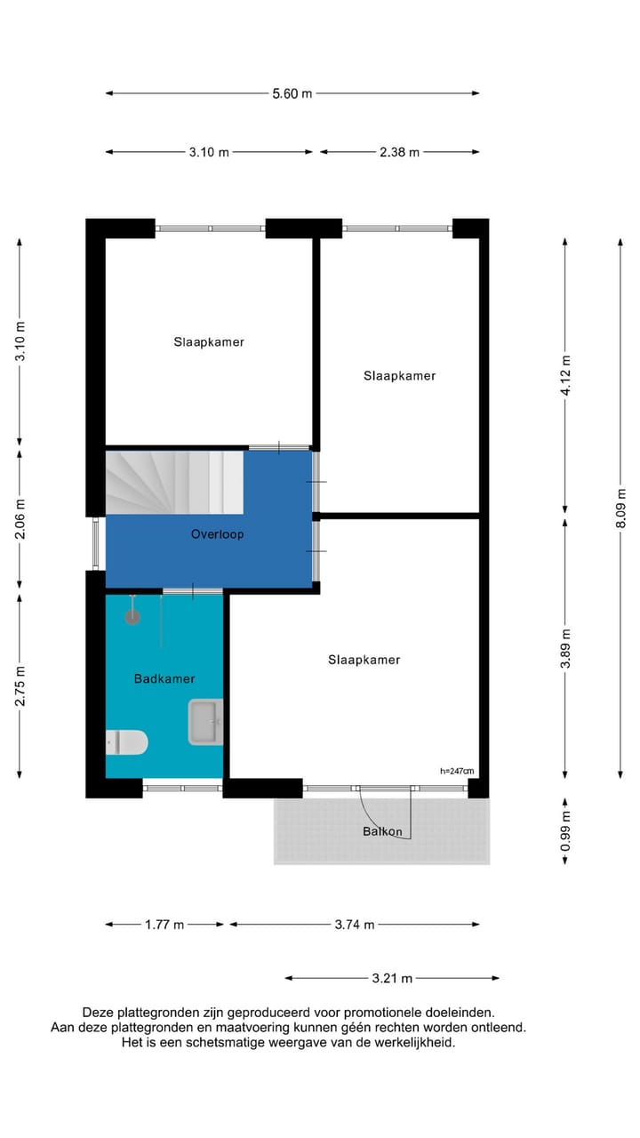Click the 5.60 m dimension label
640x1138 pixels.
pyautogui.click(x=292, y=93)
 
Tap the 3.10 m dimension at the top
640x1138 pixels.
pyautogui.click(x=209, y=152)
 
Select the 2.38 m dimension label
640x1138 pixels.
pyautogui.click(x=399, y=152)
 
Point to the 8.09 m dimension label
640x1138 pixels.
pyautogui.click(x=621, y=509)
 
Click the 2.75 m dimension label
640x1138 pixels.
pyautogui.click(x=20, y=686)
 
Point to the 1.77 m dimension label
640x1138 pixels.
pyautogui.click(x=164, y=925)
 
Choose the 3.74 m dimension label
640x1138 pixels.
pyautogui.click(x=355, y=925)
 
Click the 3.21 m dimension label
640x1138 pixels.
pyautogui.click(x=392, y=978)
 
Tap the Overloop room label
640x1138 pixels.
pyautogui.click(x=217, y=534)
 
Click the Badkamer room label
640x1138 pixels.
pyautogui.click(x=164, y=678)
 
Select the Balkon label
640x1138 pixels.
pyautogui.click(x=382, y=832)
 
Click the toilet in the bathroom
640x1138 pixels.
pyautogui.click(x=127, y=741)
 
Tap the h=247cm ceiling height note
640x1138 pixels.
pyautogui.click(x=457, y=771)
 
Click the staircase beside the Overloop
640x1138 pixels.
pyautogui.click(x=173, y=482)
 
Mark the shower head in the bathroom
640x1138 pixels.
pyautogui.click(x=132, y=615)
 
